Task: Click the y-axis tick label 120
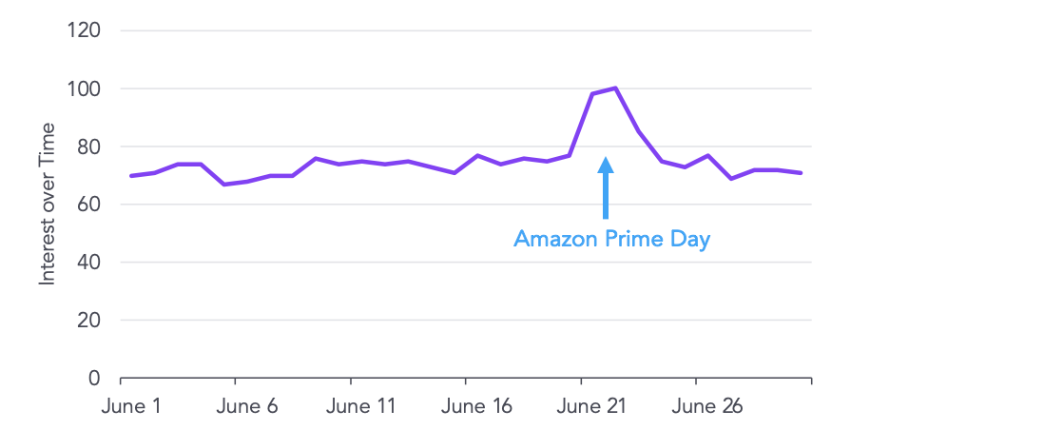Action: [84, 30]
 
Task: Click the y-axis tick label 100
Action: [84, 88]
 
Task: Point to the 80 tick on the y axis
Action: [88, 147]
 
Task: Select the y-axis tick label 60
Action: [88, 205]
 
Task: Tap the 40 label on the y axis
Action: [88, 263]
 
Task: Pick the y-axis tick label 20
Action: [88, 321]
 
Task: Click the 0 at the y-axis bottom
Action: [94, 379]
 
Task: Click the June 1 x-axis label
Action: [131, 406]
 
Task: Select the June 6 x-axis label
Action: [247, 406]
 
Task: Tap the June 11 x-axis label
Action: [360, 406]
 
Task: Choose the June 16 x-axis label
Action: [477, 406]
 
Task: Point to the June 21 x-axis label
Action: [591, 406]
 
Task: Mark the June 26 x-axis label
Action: [707, 406]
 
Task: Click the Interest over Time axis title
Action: [47, 204]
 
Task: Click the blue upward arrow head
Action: [606, 165]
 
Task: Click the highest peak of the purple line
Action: [616, 88]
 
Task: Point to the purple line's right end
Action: [802, 173]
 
